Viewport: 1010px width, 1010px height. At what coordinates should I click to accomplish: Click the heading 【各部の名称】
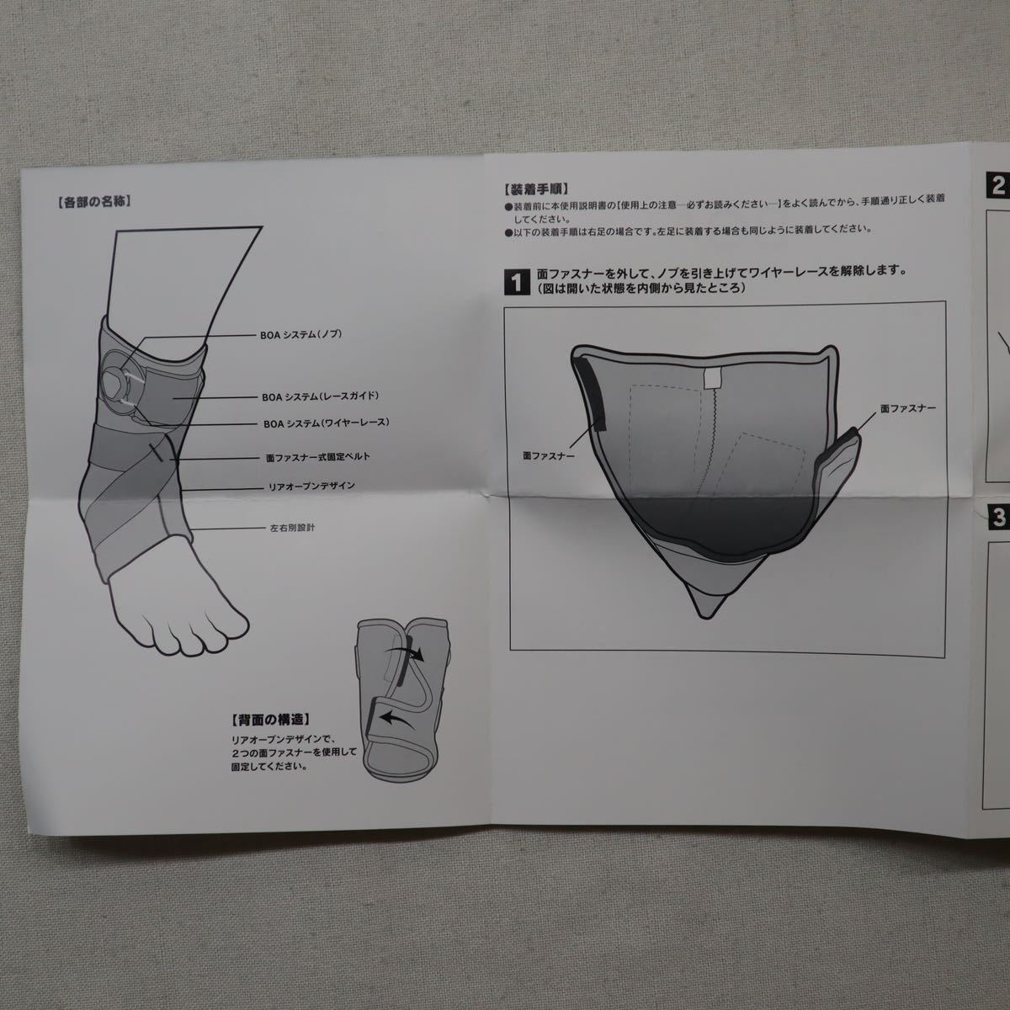pos(93,202)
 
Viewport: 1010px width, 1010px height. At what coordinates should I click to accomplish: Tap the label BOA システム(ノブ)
pos(300,335)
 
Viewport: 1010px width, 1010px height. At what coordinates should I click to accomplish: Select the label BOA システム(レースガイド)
pos(320,396)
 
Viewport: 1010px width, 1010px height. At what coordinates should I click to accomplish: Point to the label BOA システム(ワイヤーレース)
pos(327,423)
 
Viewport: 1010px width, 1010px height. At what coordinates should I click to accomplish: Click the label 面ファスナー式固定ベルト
pos(318,457)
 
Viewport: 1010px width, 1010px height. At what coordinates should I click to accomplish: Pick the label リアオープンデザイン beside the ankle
pos(312,487)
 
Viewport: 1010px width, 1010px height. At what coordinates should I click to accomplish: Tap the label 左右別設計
pos(292,528)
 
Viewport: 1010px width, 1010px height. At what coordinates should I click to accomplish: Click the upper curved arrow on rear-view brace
pos(404,654)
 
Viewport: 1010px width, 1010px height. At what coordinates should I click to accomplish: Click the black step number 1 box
pos(517,282)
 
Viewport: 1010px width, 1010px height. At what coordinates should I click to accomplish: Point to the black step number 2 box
pos(997,186)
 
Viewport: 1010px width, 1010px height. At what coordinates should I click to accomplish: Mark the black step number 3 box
pos(998,517)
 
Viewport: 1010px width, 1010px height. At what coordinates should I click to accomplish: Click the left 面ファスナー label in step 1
pos(549,456)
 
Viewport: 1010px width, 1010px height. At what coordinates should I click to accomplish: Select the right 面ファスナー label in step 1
pos(908,408)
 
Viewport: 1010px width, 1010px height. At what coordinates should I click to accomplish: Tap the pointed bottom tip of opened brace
pos(705,618)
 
